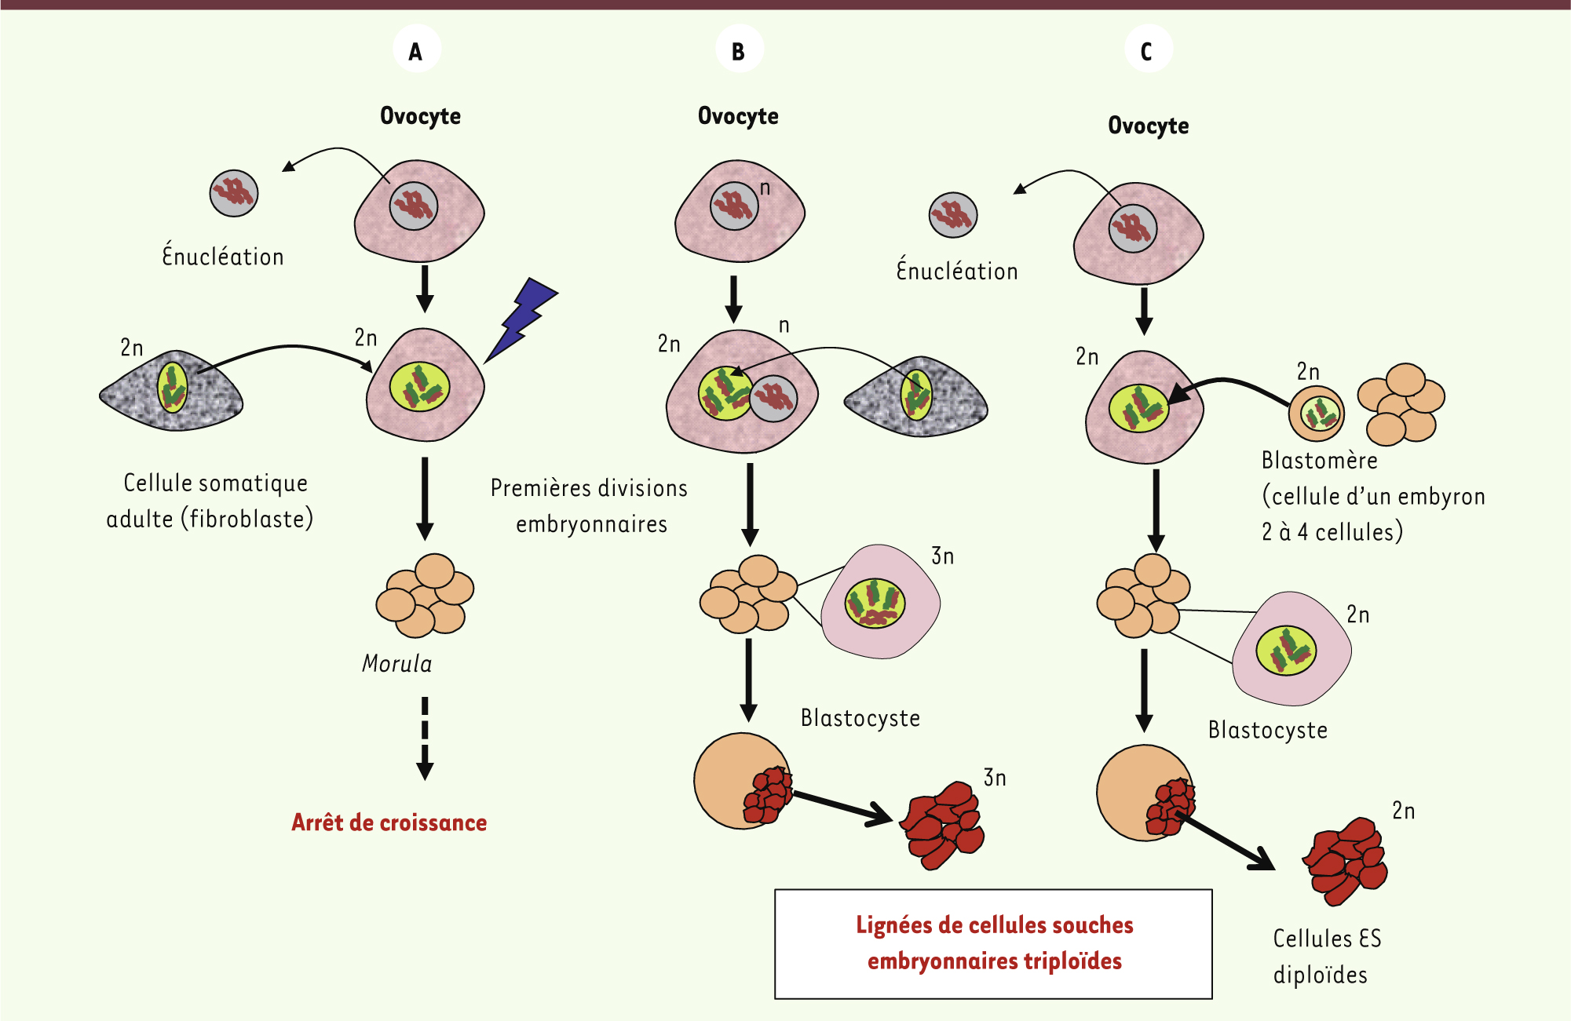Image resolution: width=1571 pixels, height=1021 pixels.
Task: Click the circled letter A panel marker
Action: click(x=416, y=50)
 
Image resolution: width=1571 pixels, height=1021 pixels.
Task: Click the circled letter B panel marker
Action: click(x=739, y=50)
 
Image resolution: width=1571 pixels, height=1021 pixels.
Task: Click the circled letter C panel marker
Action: click(x=1147, y=50)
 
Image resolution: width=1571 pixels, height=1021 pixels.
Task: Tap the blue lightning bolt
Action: click(x=521, y=319)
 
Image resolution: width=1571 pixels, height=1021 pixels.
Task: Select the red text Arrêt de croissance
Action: click(x=389, y=822)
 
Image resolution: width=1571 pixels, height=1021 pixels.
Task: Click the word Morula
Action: click(x=396, y=664)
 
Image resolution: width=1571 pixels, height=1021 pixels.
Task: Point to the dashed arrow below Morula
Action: click(x=425, y=738)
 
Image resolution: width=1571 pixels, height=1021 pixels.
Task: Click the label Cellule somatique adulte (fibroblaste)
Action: click(x=210, y=501)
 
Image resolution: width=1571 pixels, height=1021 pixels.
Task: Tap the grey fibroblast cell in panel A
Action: click(x=171, y=391)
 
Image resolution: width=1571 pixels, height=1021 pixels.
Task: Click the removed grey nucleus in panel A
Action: click(x=234, y=193)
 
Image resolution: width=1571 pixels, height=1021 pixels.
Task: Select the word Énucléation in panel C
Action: click(x=957, y=271)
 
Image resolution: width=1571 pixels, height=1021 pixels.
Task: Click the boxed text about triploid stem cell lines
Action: click(x=994, y=943)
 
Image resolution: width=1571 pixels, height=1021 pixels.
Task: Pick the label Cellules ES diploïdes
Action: click(x=1326, y=957)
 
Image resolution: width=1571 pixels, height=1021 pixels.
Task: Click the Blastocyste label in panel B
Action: click(x=860, y=718)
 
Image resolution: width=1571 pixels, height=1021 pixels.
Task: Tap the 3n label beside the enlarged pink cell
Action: click(x=942, y=556)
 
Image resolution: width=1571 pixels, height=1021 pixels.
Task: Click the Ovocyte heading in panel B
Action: click(x=738, y=116)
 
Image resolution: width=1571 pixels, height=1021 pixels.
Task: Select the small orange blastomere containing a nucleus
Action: click(x=1317, y=413)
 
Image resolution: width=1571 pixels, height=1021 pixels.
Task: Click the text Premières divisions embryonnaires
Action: click(x=590, y=506)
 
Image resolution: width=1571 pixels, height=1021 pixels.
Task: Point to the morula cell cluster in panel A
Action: click(x=425, y=596)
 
